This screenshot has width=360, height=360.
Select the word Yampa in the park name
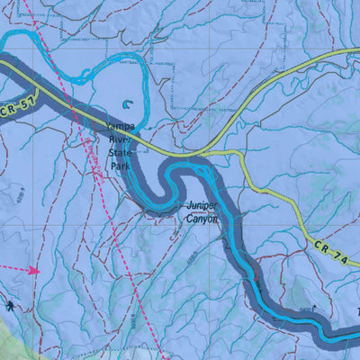click(x=120, y=127)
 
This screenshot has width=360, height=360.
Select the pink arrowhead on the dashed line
click(x=34, y=269)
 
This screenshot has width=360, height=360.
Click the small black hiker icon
click(x=10, y=306)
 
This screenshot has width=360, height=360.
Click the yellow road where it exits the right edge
click(x=357, y=53)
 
